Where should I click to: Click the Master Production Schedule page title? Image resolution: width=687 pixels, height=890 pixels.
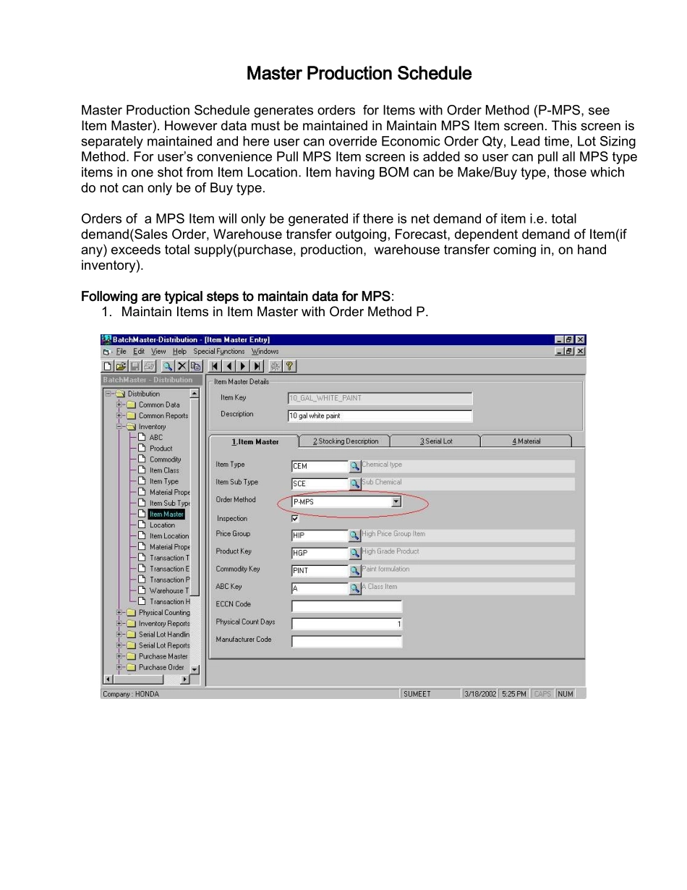(x=359, y=74)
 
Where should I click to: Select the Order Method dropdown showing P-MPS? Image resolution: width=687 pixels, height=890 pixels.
(x=346, y=501)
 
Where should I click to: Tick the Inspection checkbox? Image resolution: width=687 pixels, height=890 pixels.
(x=294, y=519)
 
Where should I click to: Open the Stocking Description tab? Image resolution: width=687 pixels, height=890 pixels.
(x=346, y=441)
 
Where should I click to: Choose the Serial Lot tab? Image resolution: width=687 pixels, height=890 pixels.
(x=436, y=441)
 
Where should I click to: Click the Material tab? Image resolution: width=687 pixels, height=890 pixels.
(x=526, y=441)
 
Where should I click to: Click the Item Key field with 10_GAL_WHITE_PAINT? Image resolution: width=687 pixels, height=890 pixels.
(x=380, y=398)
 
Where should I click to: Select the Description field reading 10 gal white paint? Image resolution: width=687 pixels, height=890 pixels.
(x=380, y=416)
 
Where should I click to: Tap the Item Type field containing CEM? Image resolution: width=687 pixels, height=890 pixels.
(x=320, y=467)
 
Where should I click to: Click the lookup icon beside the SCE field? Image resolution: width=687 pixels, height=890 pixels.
(x=354, y=484)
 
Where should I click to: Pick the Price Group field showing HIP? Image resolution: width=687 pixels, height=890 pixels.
(x=320, y=536)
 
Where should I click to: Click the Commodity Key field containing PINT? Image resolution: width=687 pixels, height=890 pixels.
(x=320, y=571)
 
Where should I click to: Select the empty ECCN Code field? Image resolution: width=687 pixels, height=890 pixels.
(x=346, y=606)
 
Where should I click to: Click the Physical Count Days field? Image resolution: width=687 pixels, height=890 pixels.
(x=346, y=624)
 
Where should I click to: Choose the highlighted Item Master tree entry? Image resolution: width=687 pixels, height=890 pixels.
(x=166, y=514)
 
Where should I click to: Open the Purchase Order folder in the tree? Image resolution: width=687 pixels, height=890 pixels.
(x=161, y=667)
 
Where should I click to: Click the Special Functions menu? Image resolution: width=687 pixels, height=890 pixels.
(x=219, y=352)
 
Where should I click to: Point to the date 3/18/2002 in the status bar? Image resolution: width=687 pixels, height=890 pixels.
(x=481, y=694)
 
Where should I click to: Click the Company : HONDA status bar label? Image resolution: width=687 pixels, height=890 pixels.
(x=131, y=694)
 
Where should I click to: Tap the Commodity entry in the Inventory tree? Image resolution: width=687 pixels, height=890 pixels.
(x=165, y=459)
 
